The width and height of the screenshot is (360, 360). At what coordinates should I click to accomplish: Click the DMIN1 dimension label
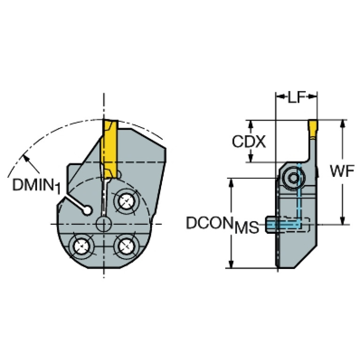pos(37,186)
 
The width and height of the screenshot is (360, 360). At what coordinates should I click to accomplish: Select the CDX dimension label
pos(249,141)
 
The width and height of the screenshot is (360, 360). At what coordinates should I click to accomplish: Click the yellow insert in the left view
pos(110,149)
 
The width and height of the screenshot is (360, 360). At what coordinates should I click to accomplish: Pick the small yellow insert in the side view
pos(313,129)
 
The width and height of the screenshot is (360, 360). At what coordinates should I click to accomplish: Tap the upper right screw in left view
pos(126,201)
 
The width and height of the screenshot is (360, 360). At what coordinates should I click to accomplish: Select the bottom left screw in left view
pos(82,246)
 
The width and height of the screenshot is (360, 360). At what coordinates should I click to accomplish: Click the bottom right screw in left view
pos(126,246)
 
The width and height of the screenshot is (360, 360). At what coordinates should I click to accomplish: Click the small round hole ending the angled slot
pos(87,210)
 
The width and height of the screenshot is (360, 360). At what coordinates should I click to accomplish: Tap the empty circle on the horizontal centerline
pos(104,224)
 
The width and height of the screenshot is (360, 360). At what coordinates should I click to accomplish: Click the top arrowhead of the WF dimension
pos(343,123)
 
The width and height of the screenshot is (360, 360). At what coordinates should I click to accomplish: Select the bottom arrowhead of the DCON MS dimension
pos(231,264)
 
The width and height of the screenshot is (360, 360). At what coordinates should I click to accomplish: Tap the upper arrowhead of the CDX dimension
pos(251,124)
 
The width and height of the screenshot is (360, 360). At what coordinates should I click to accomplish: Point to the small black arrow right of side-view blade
pos(318,172)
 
